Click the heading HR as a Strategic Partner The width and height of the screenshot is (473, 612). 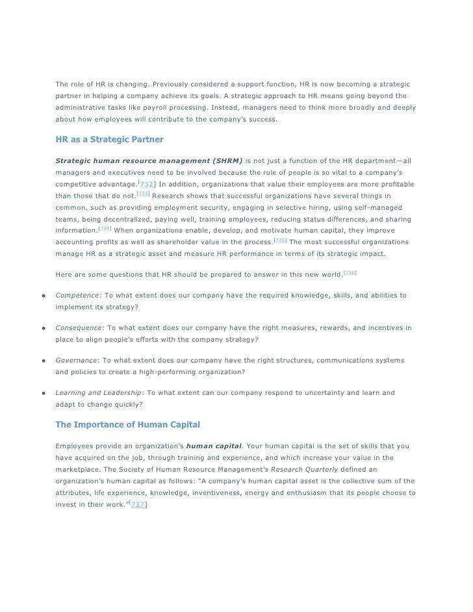(109, 139)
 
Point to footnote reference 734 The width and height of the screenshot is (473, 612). (105, 229)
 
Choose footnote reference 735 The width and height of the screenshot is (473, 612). (281, 240)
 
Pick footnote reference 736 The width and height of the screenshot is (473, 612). (350, 274)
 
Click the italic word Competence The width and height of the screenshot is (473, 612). (78, 296)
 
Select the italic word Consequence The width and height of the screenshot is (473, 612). (80, 328)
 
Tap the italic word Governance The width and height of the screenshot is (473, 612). (76, 361)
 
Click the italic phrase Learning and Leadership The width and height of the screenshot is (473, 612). (98, 393)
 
